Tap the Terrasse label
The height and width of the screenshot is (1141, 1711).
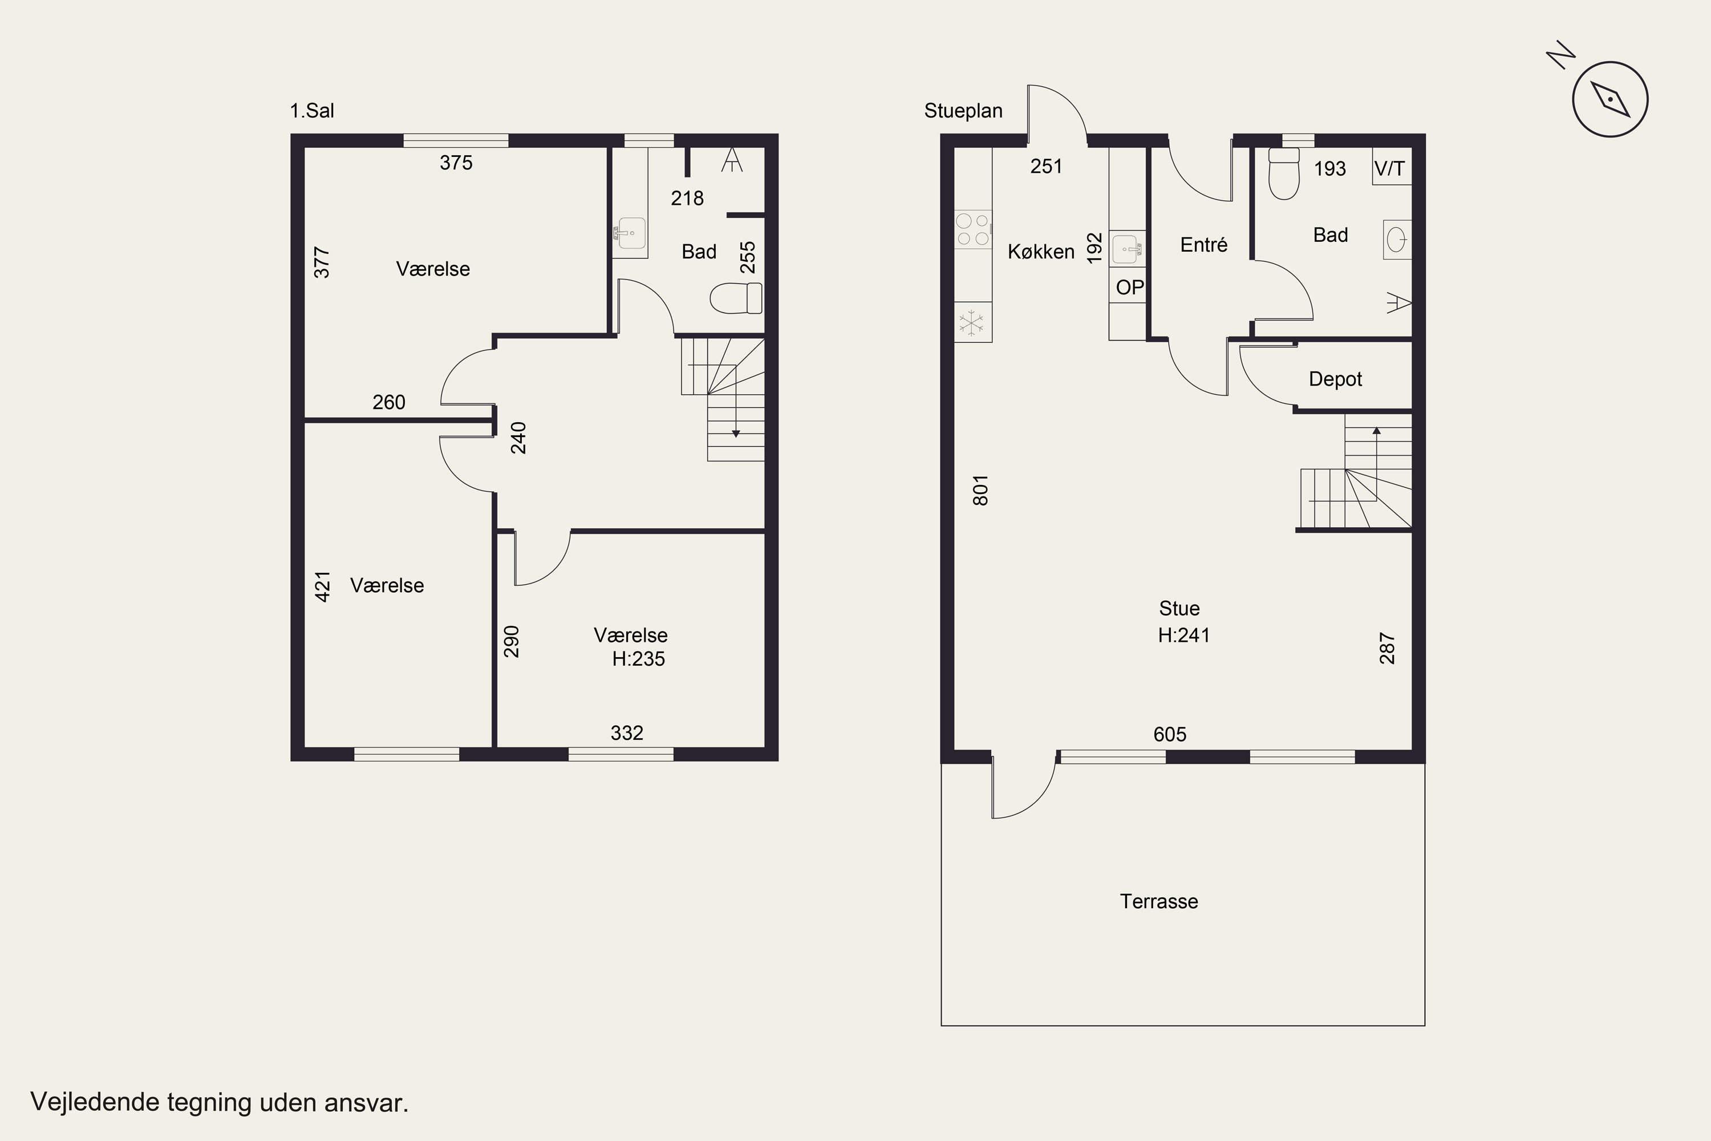(1159, 901)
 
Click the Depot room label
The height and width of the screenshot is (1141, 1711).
(1335, 379)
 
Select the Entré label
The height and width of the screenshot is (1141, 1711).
(1204, 245)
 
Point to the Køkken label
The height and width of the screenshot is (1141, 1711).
(1041, 252)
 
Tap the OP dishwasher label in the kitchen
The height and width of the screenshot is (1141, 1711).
(1129, 288)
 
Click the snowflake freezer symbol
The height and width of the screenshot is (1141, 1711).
(972, 322)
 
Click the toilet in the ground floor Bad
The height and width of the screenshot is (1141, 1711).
(1283, 173)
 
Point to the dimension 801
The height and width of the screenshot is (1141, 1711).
(980, 489)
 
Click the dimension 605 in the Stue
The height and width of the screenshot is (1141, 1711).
(1170, 734)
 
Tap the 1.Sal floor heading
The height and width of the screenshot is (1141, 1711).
(312, 111)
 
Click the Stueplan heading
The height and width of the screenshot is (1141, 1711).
(963, 111)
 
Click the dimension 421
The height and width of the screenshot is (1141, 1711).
(322, 586)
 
